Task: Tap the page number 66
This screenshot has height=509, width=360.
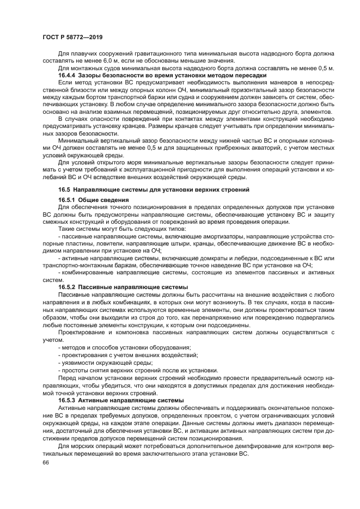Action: point(45,462)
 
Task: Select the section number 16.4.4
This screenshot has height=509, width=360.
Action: point(69,75)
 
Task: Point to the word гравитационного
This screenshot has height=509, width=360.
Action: point(154,54)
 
